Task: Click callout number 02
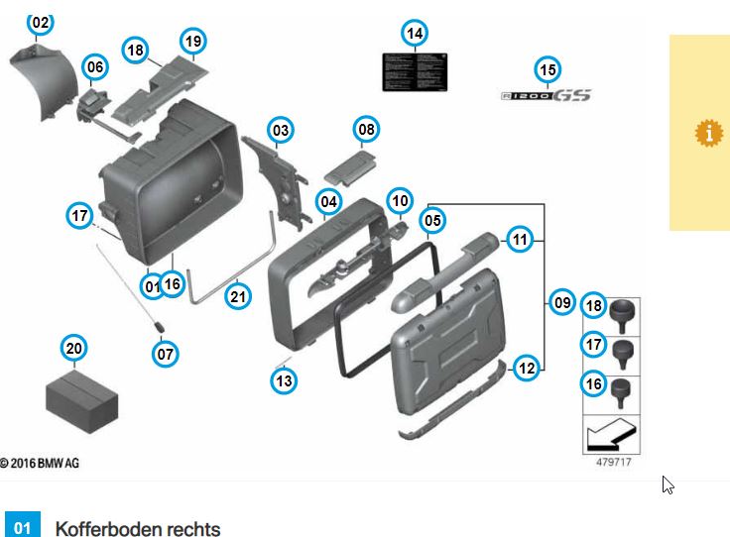40,21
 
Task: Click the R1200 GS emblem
546,95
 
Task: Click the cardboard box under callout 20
82,397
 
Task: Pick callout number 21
238,294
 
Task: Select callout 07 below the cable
167,352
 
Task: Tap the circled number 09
562,302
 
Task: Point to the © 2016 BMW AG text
39,463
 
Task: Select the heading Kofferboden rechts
138,527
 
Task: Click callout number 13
285,378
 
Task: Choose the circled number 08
367,129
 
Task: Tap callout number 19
192,42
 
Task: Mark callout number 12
527,368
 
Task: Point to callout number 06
94,67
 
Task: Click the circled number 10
400,201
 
